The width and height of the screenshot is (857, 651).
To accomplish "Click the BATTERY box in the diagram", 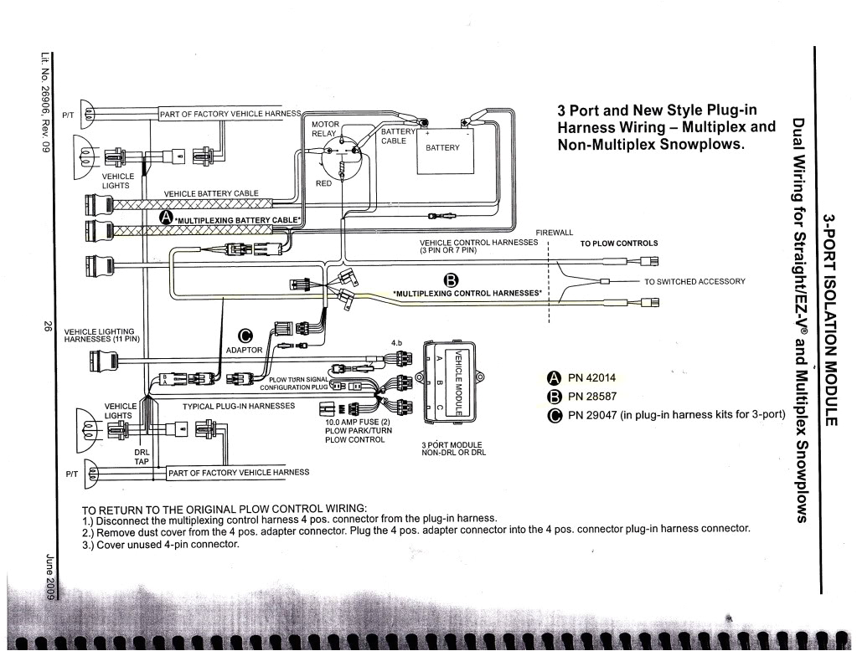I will click(443, 147).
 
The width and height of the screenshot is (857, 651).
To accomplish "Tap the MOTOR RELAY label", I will click(325, 129).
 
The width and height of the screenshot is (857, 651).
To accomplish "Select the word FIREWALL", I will click(555, 233).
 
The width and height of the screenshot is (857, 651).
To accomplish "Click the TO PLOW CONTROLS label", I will click(619, 243).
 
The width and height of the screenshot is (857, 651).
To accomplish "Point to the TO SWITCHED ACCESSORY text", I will click(694, 281).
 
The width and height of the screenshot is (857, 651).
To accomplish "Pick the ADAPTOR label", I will click(244, 350).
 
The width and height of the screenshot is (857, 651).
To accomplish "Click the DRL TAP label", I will click(142, 456).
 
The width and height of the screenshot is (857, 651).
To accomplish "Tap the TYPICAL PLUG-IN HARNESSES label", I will click(239, 406).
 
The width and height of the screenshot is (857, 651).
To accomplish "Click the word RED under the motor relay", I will click(324, 182).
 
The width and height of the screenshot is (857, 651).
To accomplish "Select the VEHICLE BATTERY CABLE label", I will click(211, 193).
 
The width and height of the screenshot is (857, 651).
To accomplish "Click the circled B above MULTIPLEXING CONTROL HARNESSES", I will click(452, 279).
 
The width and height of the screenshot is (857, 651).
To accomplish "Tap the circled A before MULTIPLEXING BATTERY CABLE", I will click(165, 218).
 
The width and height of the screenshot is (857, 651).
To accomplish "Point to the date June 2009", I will click(50, 576).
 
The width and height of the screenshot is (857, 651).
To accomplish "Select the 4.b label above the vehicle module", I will click(399, 342).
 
